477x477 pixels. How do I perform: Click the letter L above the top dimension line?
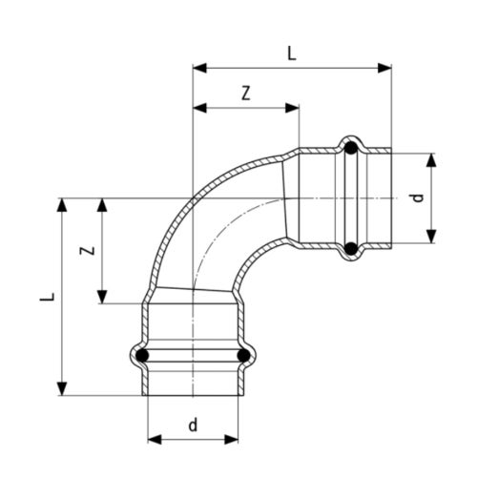point(292,54)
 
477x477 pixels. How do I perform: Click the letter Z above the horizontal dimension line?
point(246,93)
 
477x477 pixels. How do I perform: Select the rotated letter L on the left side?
point(45,297)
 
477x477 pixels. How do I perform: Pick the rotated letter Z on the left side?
point(85,251)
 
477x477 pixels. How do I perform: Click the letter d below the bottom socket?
point(193,425)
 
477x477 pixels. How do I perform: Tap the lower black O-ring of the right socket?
point(351,249)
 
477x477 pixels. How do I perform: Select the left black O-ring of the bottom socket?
point(142,357)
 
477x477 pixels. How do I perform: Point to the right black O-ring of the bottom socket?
point(243,357)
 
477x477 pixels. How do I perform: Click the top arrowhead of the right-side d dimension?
point(431,158)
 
